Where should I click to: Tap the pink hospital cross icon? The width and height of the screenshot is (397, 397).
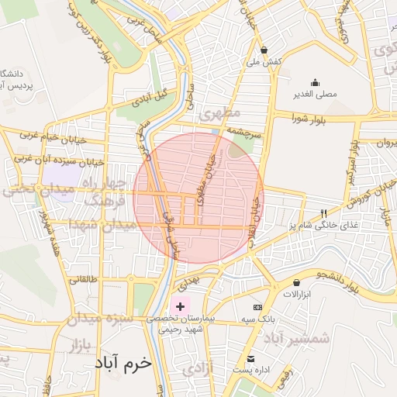181,307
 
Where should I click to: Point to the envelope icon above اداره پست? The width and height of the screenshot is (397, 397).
250,359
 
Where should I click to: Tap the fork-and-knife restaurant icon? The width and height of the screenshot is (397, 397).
324,213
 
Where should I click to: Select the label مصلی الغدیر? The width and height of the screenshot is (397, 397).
314,95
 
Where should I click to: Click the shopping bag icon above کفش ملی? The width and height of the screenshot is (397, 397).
264,49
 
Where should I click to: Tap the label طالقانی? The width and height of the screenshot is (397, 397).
86,278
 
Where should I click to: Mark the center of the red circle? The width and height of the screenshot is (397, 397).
198,198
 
